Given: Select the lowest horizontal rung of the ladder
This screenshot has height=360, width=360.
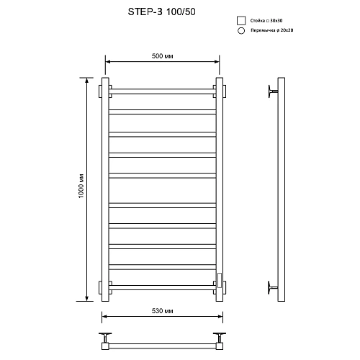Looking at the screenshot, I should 161,287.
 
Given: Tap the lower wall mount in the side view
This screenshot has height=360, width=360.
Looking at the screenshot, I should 271,287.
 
